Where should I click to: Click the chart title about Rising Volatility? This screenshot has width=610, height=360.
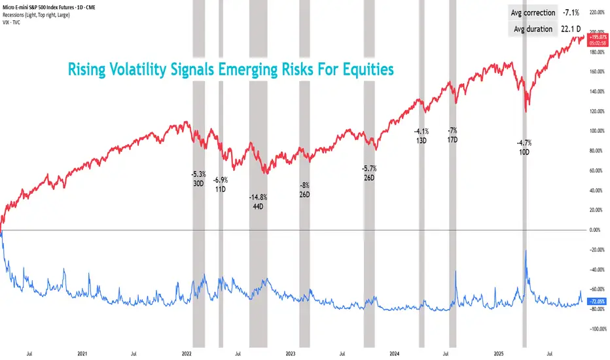point(232,68)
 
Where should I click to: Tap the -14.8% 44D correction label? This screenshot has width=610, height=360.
point(259,202)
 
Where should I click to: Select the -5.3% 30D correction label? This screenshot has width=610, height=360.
point(198,179)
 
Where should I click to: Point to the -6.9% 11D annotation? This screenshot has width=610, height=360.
point(221,185)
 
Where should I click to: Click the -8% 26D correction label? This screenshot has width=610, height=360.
point(304,190)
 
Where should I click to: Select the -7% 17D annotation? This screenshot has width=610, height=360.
point(452,135)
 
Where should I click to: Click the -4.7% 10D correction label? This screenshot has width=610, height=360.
point(524,147)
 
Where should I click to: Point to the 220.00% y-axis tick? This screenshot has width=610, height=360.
point(596,12)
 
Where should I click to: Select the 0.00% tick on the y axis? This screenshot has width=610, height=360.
point(596,230)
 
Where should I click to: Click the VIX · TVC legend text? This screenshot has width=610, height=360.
point(12,22)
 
